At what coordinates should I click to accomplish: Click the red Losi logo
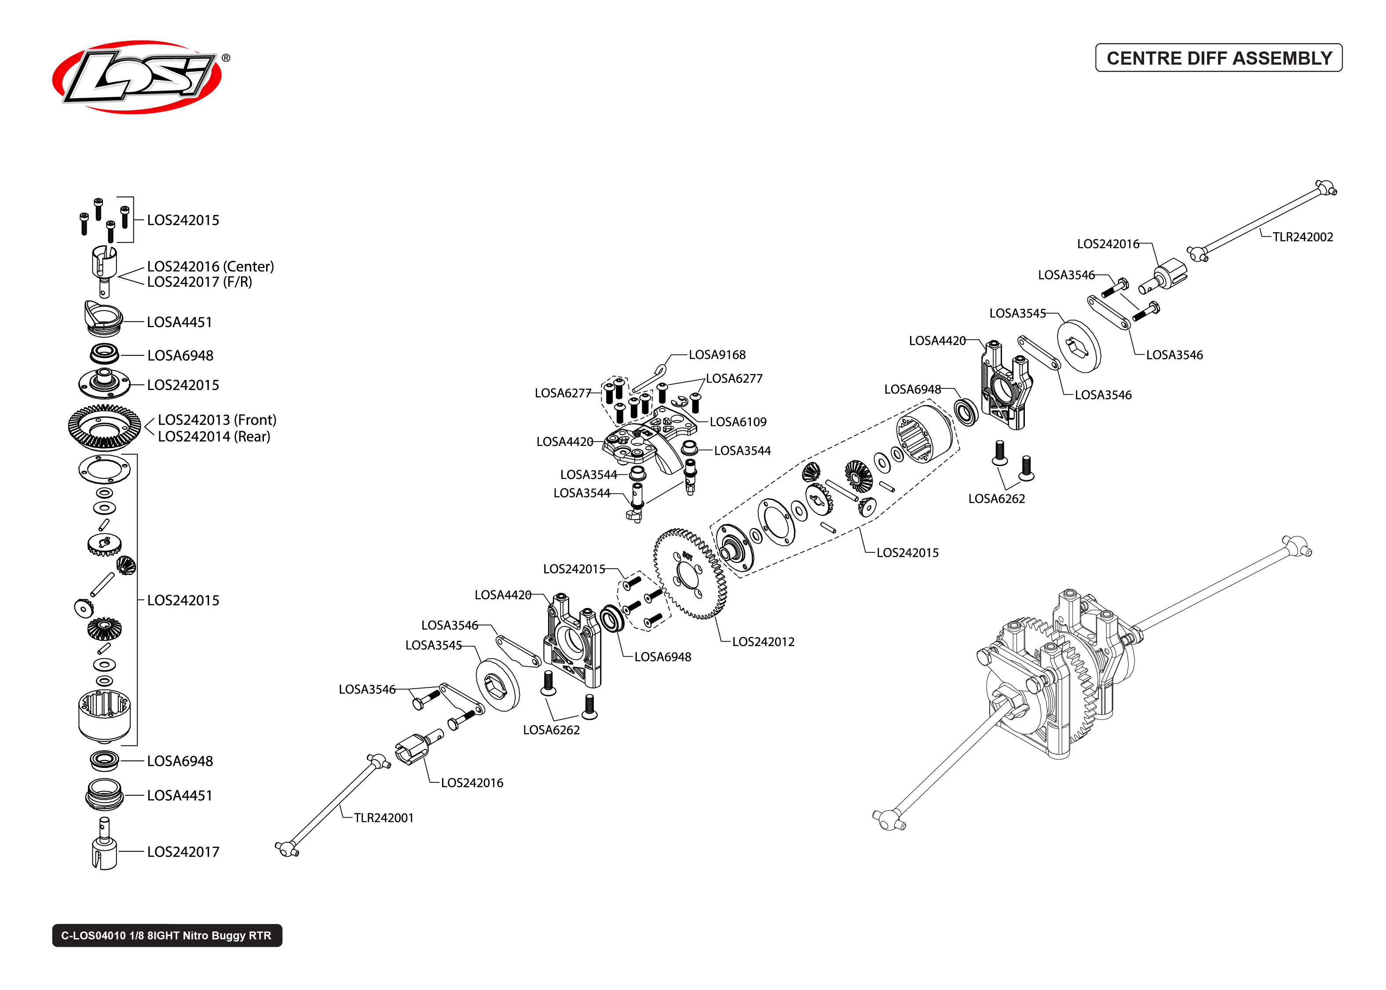137,77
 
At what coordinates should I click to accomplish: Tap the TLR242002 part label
1302,237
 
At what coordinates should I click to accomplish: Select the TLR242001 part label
384,818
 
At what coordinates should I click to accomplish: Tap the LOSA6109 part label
738,422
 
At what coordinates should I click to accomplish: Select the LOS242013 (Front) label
216,420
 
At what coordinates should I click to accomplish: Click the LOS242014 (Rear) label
213,436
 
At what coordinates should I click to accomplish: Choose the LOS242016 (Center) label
210,267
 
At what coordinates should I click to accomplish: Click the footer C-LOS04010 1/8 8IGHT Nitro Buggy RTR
166,935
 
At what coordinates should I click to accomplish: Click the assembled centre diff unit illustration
1061,677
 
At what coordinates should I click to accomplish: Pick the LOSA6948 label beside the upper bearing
912,389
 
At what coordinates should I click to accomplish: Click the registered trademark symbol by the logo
226,58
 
